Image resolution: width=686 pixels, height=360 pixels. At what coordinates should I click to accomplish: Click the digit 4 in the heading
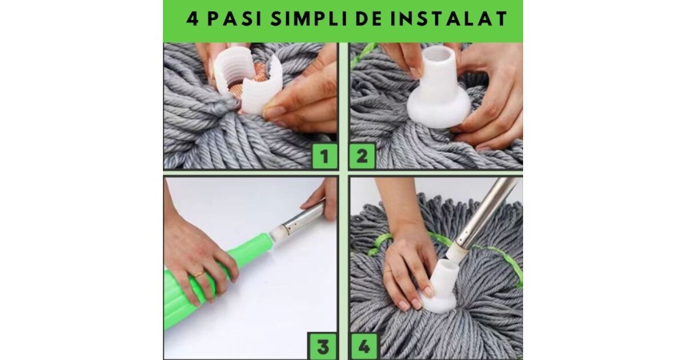(x=192, y=19)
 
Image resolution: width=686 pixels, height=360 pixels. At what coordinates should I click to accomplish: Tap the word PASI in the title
(x=234, y=19)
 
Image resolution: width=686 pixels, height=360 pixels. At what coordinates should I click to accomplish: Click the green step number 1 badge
(x=324, y=156)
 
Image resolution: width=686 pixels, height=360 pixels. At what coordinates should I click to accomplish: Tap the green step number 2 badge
(x=362, y=156)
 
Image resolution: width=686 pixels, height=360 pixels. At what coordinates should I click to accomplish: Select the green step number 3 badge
(x=323, y=346)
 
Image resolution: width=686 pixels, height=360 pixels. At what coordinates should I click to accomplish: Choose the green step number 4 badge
(x=365, y=346)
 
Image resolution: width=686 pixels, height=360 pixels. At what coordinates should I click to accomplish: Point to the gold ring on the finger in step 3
(x=199, y=274)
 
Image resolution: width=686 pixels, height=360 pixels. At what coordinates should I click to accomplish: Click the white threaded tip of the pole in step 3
(x=277, y=233)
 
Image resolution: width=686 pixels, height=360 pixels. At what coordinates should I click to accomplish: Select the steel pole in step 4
(x=487, y=212)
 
